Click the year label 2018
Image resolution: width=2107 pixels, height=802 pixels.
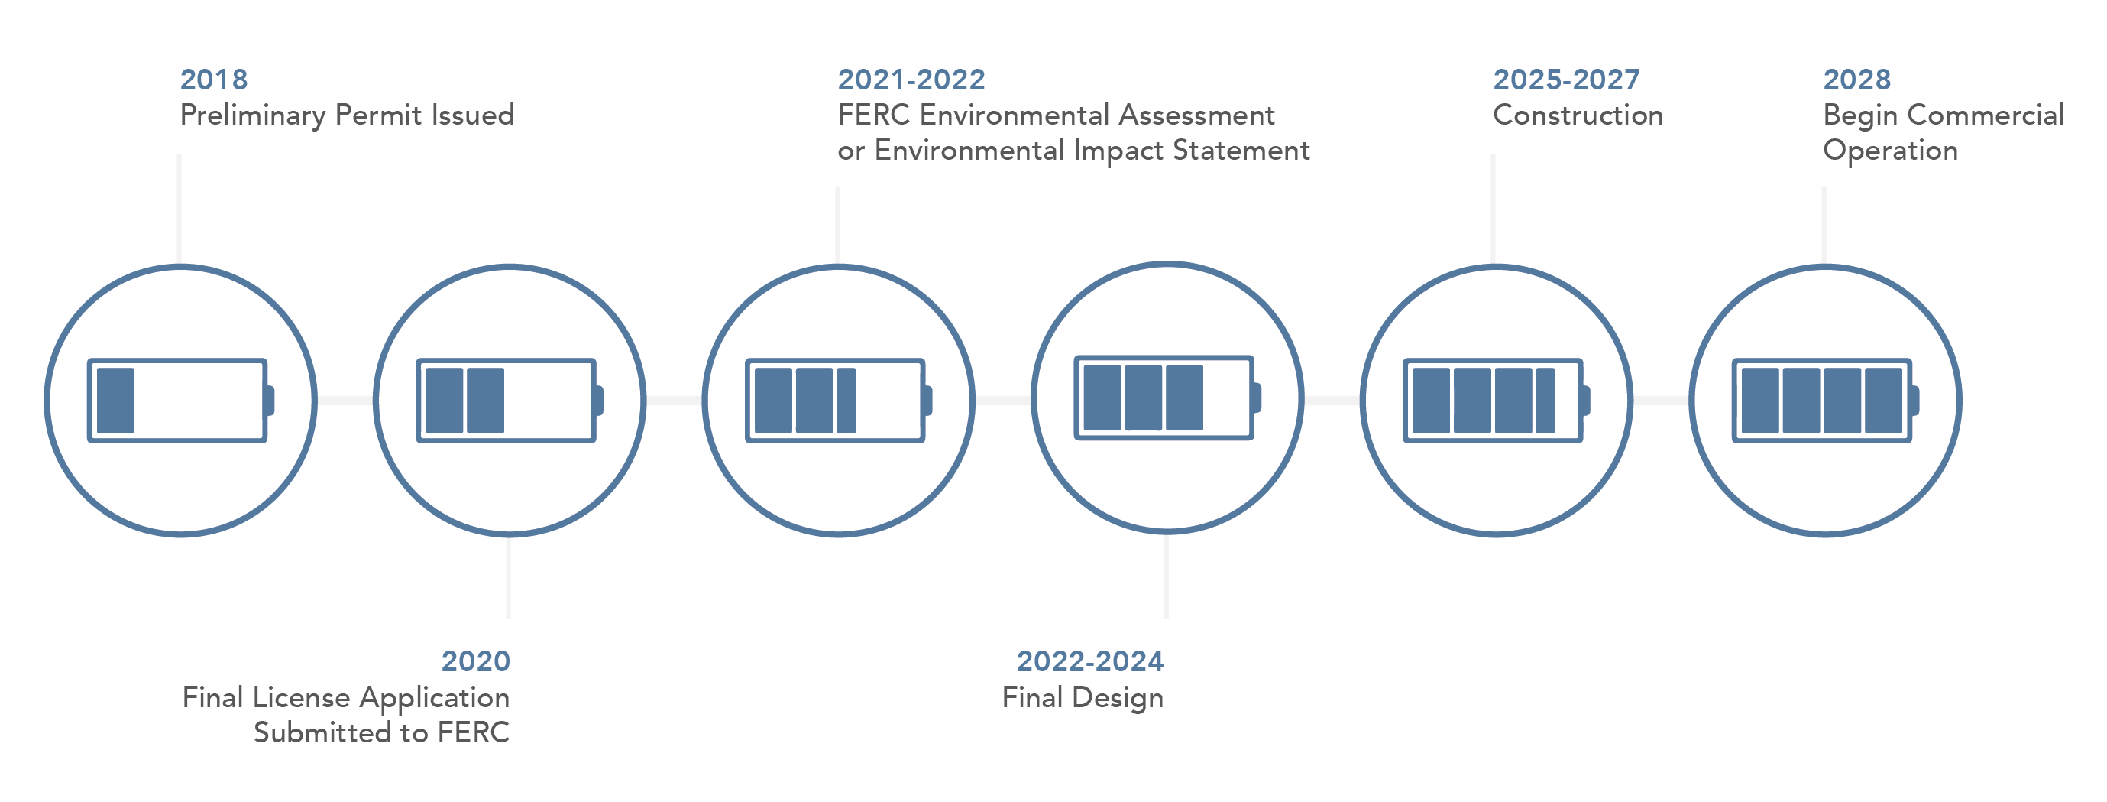click(213, 80)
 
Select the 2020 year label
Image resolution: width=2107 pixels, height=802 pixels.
click(475, 661)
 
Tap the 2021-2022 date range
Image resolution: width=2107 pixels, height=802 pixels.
click(911, 80)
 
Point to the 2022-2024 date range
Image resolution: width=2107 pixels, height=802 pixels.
click(1089, 661)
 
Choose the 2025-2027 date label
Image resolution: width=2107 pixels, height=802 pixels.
click(1566, 80)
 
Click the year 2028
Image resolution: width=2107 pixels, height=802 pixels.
click(1856, 80)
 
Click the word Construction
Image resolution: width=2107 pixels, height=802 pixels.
click(1578, 115)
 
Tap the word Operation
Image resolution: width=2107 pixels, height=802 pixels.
click(1890, 151)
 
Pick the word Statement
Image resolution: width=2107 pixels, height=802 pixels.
click(1241, 151)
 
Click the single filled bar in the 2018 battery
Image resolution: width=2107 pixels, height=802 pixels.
click(115, 400)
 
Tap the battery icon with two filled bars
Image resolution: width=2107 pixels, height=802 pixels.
click(510, 400)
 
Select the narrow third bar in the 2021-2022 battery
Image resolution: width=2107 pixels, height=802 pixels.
click(846, 400)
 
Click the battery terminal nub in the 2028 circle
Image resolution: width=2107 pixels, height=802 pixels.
click(1914, 400)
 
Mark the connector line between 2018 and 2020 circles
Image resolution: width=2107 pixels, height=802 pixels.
click(345, 400)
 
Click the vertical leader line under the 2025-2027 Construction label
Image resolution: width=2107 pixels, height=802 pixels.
click(1493, 209)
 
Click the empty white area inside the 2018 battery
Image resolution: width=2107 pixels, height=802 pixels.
click(198, 400)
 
